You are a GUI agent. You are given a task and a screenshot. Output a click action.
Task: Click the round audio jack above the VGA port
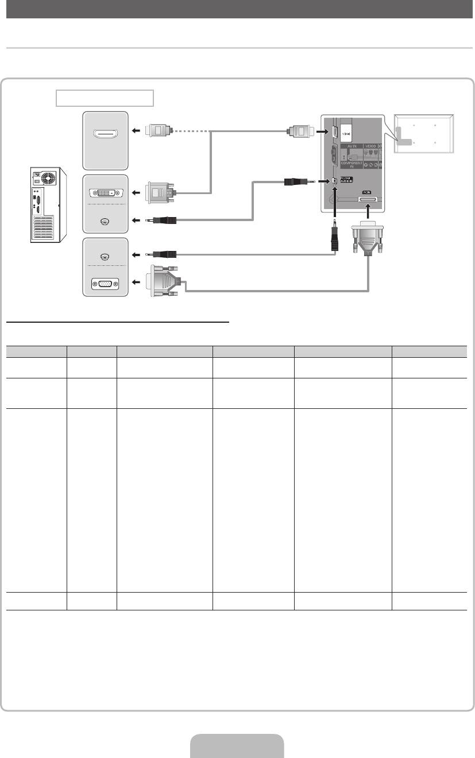coord(104,254)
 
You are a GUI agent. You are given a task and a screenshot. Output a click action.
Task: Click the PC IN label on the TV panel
coord(366,193)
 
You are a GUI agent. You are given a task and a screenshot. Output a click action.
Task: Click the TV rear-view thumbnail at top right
coord(423,133)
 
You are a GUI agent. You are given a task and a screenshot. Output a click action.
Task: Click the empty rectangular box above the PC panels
coord(105,98)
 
